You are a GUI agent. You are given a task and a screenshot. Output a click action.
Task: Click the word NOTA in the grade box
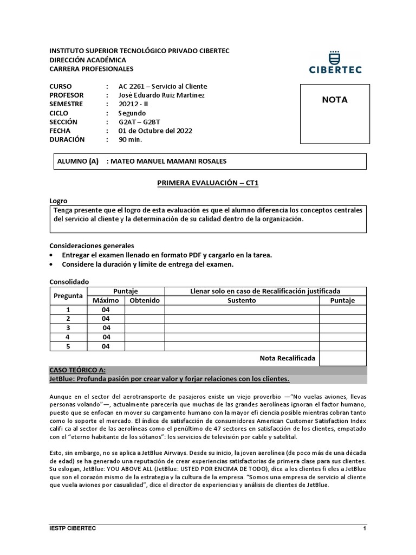(x=335, y=100)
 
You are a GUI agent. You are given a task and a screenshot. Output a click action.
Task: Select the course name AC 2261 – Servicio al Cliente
(x=162, y=86)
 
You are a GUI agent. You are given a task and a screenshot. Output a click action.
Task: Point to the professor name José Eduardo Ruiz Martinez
(x=161, y=95)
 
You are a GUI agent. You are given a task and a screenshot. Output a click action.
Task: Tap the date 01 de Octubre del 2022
(x=155, y=131)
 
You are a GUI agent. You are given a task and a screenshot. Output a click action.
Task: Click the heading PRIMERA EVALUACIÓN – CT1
(x=208, y=183)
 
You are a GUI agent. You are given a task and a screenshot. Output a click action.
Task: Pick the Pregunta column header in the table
(x=68, y=296)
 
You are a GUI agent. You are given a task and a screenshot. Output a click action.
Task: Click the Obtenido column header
(x=145, y=300)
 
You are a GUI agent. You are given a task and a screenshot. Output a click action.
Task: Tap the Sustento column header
(x=242, y=300)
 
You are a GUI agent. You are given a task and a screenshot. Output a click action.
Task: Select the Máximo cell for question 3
(x=106, y=328)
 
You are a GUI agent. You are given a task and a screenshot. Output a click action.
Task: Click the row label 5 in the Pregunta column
(x=68, y=346)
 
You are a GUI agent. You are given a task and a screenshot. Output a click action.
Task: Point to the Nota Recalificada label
(x=287, y=358)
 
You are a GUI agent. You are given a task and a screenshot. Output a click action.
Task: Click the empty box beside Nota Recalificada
(x=342, y=358)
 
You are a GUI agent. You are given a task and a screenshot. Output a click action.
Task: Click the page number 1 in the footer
(x=365, y=528)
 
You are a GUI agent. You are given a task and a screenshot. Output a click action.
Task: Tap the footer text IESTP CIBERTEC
(x=73, y=528)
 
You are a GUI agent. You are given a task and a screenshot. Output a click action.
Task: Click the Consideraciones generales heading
(x=92, y=246)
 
